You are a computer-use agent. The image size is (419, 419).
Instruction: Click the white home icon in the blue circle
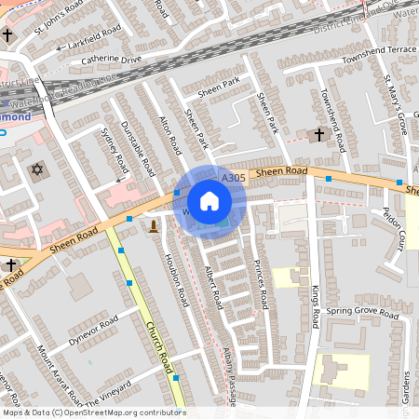(x=209, y=201)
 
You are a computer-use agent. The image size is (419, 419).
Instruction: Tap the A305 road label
(x=233, y=178)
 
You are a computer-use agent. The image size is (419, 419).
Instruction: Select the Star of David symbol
(x=38, y=171)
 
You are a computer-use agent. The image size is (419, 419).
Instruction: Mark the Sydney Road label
(x=113, y=149)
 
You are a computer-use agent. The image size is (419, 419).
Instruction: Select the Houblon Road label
(x=177, y=279)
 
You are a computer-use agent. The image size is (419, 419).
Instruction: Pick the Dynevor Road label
(x=92, y=330)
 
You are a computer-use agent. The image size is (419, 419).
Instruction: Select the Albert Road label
(x=214, y=288)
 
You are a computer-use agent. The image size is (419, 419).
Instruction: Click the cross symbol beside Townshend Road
(x=318, y=135)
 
